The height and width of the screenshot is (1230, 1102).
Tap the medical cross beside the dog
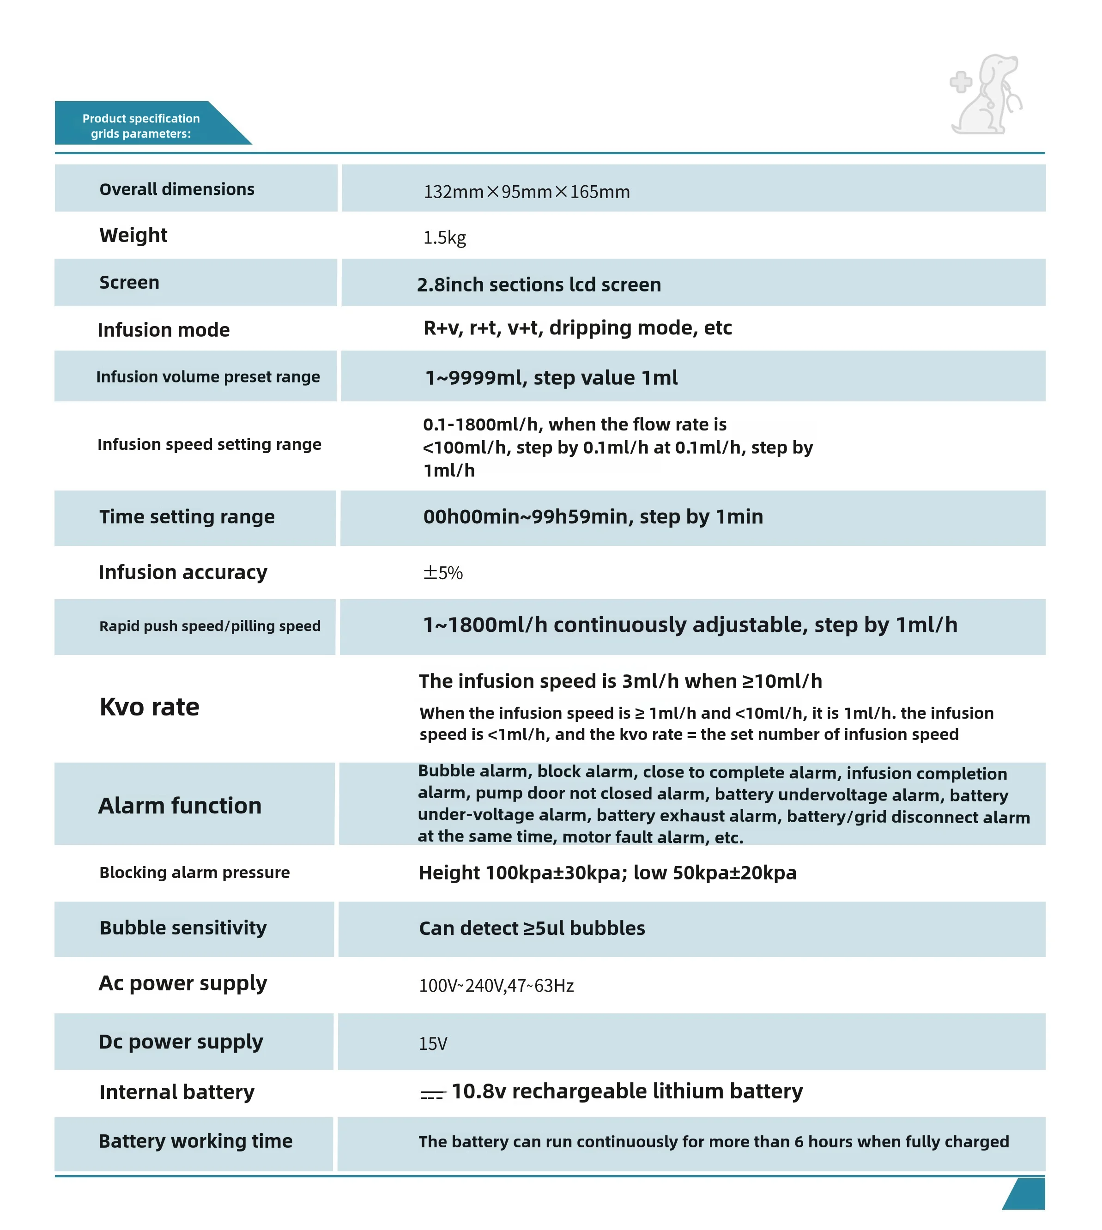click(960, 82)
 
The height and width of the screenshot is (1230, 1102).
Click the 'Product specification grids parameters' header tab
click(141, 125)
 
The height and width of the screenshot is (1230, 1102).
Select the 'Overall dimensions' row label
click(177, 189)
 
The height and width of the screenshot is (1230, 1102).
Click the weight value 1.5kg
click(444, 237)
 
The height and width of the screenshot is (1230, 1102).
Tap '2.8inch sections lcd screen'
click(539, 284)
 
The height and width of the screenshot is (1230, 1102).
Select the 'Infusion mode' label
click(163, 329)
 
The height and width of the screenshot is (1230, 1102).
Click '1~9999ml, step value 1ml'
click(551, 377)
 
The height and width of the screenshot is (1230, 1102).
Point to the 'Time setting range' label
click(187, 516)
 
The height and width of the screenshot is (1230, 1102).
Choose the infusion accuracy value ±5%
click(442, 572)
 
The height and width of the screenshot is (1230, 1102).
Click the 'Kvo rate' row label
click(150, 707)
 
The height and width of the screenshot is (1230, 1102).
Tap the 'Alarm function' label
click(180, 806)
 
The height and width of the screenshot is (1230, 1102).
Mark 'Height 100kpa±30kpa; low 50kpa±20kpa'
click(607, 873)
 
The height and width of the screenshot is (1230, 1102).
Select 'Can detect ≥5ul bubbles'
click(532, 928)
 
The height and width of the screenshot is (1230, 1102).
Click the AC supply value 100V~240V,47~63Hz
click(496, 985)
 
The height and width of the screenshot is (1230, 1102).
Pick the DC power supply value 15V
click(433, 1043)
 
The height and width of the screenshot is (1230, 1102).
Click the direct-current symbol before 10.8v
click(433, 1094)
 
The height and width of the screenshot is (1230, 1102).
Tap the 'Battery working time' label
click(195, 1141)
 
